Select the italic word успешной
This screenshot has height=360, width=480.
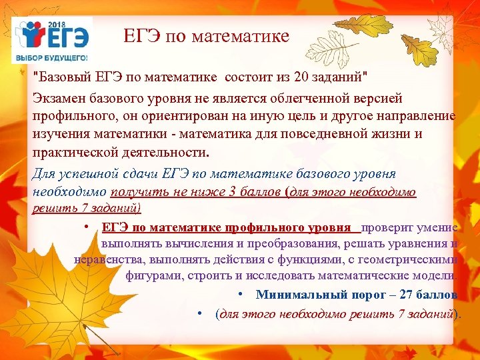pos(89,174)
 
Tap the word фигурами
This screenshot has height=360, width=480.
pos(151,275)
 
